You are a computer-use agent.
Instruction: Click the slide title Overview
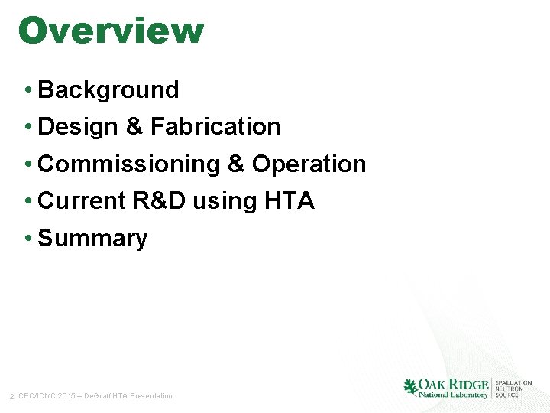[111, 31]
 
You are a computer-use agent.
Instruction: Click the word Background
[108, 89]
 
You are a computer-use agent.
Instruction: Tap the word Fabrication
[215, 126]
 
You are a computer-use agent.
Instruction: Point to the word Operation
[309, 164]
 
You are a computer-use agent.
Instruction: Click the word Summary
[92, 238]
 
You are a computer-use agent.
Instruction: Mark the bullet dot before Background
[27, 90]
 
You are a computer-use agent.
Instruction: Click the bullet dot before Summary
[27, 239]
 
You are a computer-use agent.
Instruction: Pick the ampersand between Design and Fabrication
[134, 126]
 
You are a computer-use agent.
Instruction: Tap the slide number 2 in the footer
[11, 396]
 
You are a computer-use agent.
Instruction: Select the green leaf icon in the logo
[411, 387]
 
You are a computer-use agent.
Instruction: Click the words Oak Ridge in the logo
[454, 384]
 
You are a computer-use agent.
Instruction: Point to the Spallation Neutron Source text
[513, 389]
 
